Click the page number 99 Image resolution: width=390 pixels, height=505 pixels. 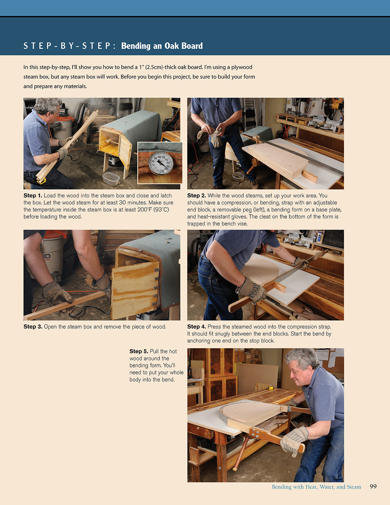tap(373, 486)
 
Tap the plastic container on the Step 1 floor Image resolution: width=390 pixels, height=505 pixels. tap(111, 178)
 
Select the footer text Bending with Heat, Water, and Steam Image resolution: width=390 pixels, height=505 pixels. tap(316, 487)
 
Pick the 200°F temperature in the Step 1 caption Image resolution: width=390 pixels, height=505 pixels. tap(128, 210)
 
